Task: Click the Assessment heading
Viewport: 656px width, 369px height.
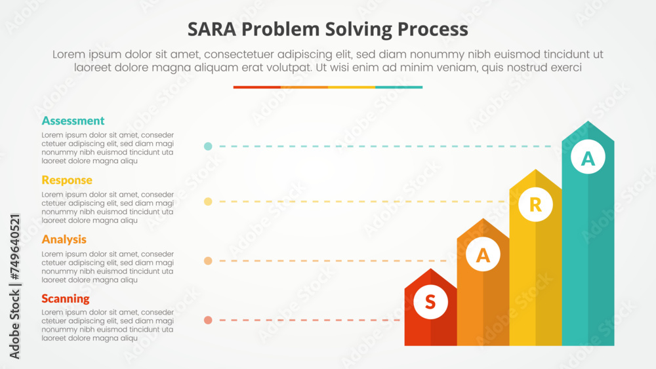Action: click(73, 121)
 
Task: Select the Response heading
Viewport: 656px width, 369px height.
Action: click(67, 180)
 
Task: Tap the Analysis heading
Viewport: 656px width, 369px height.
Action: click(64, 239)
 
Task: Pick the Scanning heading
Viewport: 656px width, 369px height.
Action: click(66, 299)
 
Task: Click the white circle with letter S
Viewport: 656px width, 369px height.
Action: click(430, 302)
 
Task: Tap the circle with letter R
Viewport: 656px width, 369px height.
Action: click(535, 205)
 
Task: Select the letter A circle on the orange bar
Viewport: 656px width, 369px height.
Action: click(483, 257)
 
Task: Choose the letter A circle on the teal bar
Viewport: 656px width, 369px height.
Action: click(588, 159)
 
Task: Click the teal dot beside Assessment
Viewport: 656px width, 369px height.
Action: click(208, 146)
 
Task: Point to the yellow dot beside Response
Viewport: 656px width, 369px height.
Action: click(208, 202)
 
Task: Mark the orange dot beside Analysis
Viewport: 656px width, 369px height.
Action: click(208, 261)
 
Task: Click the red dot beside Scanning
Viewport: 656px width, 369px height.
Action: click(208, 320)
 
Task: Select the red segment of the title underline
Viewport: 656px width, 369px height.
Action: click(256, 87)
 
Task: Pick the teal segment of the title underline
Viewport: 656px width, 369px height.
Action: click(399, 87)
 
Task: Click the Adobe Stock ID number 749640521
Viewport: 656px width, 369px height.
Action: click(15, 250)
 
